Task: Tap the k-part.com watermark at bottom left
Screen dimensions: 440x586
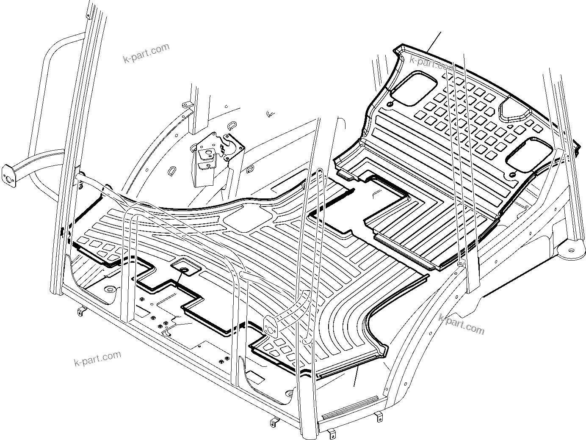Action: point(97,359)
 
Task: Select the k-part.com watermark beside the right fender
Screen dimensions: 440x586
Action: point(461,324)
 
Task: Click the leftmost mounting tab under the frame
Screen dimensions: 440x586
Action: point(81,312)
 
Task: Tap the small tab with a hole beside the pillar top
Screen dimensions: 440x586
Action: point(185,104)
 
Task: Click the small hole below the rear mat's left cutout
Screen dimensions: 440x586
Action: point(390,104)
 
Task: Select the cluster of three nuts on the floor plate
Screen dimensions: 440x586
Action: point(161,324)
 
